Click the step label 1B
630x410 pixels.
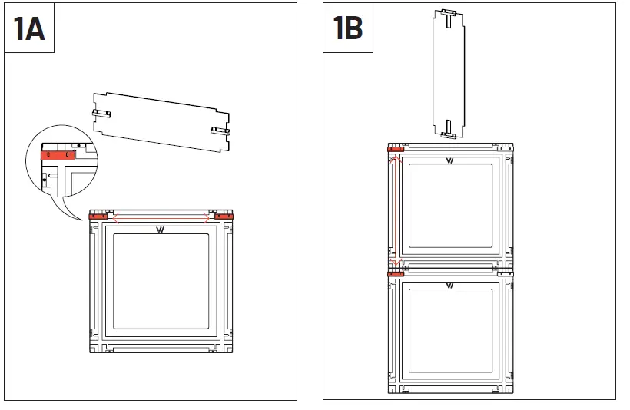pyautogui.click(x=348, y=28)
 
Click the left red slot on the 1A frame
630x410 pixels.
pyautogui.click(x=98, y=217)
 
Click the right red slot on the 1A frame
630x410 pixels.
pyautogui.click(x=224, y=217)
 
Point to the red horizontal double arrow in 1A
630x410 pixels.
pyautogui.click(x=161, y=218)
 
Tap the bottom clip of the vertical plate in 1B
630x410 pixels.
pyautogui.click(x=449, y=135)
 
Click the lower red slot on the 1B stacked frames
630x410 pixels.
pyautogui.click(x=396, y=273)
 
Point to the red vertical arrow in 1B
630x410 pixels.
pyautogui.click(x=394, y=211)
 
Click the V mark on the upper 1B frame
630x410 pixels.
pyautogui.click(x=449, y=160)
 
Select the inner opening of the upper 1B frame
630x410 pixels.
pyautogui.click(x=449, y=208)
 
